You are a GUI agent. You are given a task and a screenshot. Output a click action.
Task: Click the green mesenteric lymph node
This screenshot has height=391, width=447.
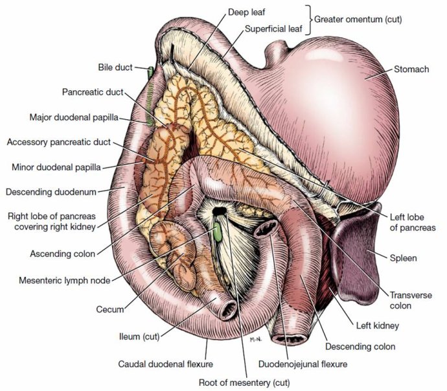pos(218,231)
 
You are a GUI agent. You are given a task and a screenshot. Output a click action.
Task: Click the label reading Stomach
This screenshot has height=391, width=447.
pos(411,69)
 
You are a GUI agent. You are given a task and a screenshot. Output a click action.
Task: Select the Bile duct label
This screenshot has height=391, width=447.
pos(115,67)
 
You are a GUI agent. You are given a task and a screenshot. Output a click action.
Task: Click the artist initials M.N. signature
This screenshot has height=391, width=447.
pos(256,340)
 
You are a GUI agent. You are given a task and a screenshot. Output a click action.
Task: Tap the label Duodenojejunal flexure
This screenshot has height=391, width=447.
pos(303,364)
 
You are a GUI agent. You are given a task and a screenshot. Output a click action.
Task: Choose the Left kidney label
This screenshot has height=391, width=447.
pos(378,326)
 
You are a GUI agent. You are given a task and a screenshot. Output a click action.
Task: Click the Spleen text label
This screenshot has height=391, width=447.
pos(403,258)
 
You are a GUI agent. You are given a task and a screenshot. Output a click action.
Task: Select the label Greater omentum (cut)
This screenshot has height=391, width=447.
pos(358,19)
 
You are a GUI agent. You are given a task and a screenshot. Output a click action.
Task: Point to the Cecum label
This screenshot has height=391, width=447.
pos(110,309)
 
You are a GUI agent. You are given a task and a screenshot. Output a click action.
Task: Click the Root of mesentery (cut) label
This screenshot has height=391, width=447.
pos(244,383)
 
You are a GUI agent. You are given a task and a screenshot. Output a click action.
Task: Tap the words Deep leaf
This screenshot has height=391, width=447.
pos(247,12)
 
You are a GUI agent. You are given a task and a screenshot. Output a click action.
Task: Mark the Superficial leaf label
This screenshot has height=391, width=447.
pos(273,29)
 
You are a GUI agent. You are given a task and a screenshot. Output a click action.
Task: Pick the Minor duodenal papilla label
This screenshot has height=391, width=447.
pos(56,167)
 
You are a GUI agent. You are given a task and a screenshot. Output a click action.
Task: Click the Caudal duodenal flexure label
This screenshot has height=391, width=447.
pos(165,364)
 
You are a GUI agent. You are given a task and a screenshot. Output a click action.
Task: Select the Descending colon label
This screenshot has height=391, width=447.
pos(360,346)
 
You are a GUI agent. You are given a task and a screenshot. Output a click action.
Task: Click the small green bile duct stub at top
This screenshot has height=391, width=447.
pos(150,73)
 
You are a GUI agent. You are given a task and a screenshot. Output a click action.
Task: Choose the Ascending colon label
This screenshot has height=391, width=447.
pos(63,254)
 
